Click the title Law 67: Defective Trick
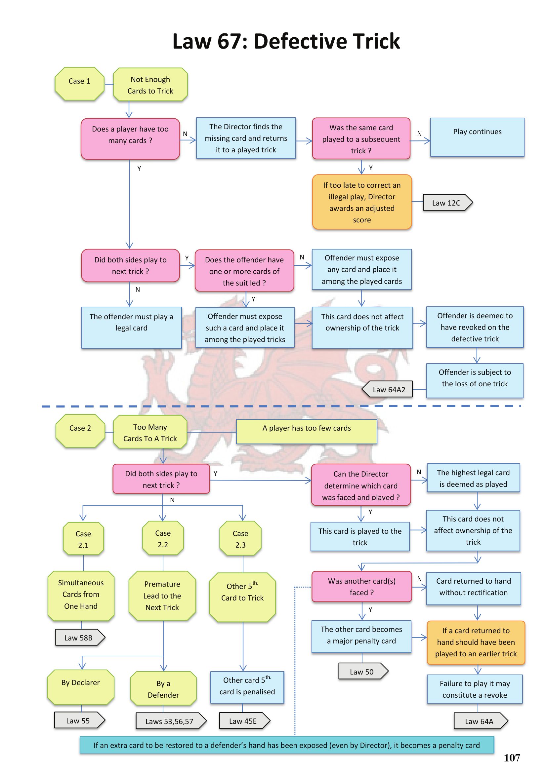[x=286, y=41]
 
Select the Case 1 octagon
[x=79, y=84]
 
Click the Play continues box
[x=477, y=137]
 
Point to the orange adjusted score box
[x=362, y=202]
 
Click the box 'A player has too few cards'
[x=307, y=431]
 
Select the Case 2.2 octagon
[x=163, y=538]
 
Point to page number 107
[x=512, y=757]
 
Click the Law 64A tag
[x=480, y=721]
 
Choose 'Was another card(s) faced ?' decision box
[x=361, y=586]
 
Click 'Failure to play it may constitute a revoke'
[x=475, y=689]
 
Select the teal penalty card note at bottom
[x=287, y=745]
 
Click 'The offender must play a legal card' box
[x=131, y=327]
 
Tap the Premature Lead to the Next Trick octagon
[x=162, y=596]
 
